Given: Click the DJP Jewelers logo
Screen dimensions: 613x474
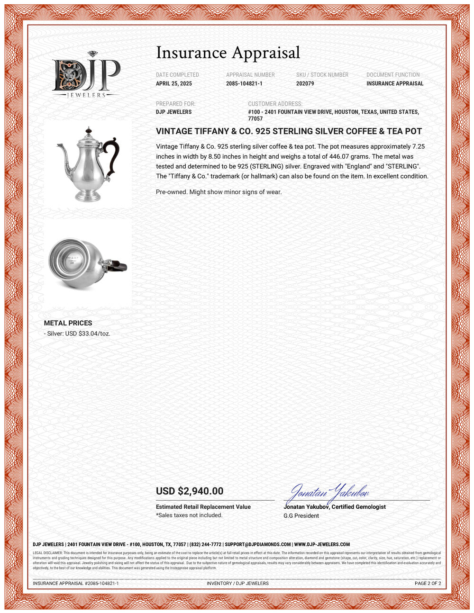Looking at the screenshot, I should [86, 75].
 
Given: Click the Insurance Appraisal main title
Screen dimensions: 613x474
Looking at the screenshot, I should [228, 53].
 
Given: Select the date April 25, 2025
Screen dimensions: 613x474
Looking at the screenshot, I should [174, 83].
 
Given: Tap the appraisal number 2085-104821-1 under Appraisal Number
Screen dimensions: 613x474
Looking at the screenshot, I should [244, 83].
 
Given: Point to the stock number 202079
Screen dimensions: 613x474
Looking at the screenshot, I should [305, 83].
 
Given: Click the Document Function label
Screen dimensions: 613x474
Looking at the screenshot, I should [393, 75].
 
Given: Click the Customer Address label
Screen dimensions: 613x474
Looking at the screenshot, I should [275, 104].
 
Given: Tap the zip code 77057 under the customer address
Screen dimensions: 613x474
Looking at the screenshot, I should [255, 119].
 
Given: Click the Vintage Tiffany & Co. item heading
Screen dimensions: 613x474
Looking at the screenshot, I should [289, 131].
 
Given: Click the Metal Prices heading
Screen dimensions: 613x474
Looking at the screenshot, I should [68, 323].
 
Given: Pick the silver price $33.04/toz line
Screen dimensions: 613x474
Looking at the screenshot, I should [77, 334].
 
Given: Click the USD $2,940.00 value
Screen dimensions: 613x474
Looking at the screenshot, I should [190, 491].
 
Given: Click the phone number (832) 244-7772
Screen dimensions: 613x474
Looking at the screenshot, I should [205, 545].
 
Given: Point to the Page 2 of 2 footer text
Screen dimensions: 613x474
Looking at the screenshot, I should [428, 584].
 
